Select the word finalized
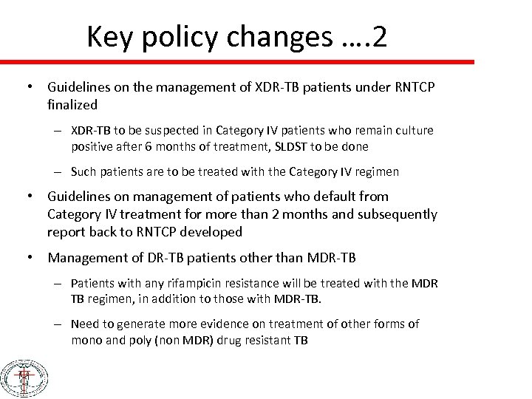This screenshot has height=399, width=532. pyautogui.click(x=72, y=105)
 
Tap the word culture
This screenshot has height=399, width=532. pyautogui.click(x=413, y=130)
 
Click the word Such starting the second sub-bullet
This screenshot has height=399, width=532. pyautogui.click(x=84, y=171)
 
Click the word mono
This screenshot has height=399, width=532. pyautogui.click(x=86, y=340)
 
